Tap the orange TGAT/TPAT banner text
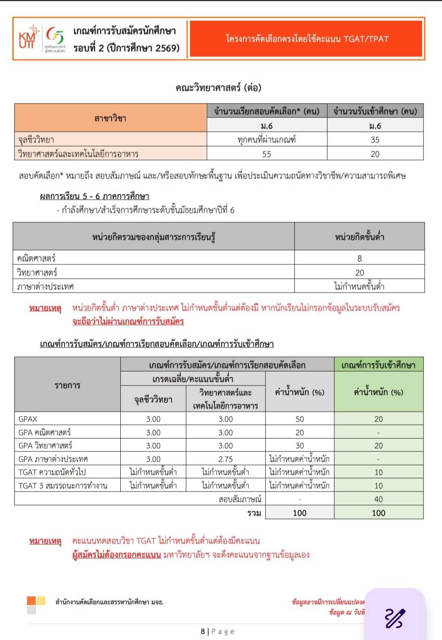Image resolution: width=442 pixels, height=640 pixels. click(x=307, y=39)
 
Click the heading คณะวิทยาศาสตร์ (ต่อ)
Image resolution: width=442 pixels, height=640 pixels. click(x=218, y=88)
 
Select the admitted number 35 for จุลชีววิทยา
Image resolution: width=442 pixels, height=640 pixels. click(x=375, y=140)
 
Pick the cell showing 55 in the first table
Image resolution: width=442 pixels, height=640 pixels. click(x=266, y=154)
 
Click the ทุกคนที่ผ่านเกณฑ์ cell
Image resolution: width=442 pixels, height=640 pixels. click(x=266, y=140)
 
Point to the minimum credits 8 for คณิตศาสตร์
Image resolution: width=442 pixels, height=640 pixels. click(x=359, y=258)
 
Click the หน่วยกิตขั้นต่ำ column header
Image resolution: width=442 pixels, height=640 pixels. click(x=359, y=237)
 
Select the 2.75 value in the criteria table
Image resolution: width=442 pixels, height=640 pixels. click(x=226, y=459)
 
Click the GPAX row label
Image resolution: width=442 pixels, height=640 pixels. click(x=28, y=419)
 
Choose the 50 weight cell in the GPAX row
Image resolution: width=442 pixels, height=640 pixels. click(x=300, y=419)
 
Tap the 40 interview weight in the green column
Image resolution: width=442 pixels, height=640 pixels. click(x=379, y=499)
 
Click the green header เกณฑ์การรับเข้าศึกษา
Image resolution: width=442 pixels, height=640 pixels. click(x=379, y=365)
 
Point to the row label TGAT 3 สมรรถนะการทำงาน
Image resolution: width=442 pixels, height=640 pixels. click(x=63, y=486)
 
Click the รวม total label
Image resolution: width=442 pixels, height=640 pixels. click(x=254, y=513)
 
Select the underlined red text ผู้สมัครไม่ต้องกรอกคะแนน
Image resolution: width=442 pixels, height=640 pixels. click(x=117, y=555)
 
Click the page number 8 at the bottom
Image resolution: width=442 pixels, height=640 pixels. click(x=203, y=631)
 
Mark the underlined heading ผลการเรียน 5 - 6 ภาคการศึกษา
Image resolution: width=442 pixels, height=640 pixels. click(x=95, y=196)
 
